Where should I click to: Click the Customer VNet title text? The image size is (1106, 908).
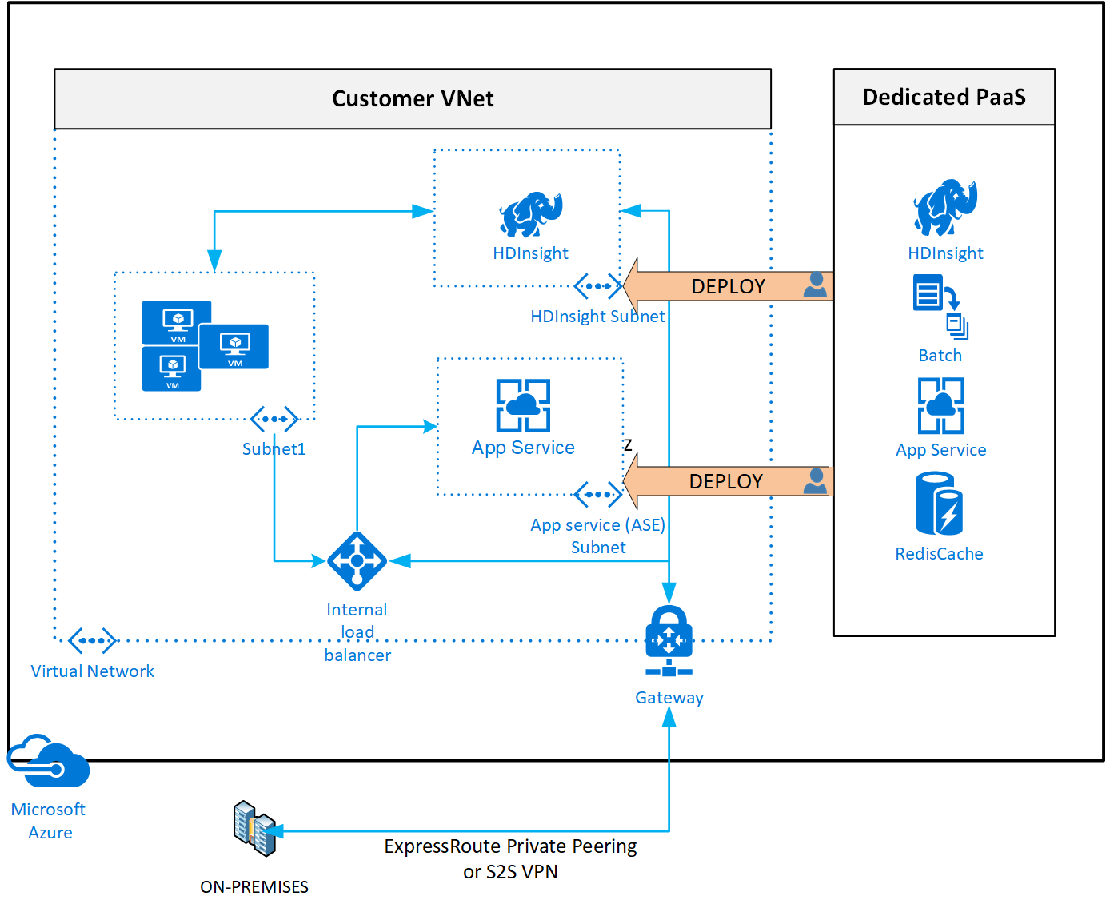[413, 98]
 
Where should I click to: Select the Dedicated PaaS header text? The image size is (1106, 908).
[944, 97]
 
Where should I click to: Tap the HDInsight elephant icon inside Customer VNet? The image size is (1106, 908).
[530, 214]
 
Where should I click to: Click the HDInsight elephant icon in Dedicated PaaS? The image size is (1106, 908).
[945, 207]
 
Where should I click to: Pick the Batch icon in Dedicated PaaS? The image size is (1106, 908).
[940, 307]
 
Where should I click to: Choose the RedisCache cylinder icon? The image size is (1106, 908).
[939, 504]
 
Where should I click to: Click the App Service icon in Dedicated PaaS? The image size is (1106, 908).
[940, 405]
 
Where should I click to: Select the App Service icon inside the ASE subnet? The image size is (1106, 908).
[523, 405]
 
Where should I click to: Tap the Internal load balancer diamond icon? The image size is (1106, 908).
[357, 561]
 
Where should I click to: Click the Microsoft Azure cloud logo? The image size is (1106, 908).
[50, 762]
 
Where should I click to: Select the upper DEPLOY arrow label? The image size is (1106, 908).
[728, 286]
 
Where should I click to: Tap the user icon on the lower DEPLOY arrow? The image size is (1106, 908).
[815, 480]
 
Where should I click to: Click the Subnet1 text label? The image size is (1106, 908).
[274, 449]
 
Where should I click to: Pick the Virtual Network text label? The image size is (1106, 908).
[92, 671]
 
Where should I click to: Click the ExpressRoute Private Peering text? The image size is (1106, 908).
[510, 846]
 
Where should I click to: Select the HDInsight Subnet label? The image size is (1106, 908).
[597, 317]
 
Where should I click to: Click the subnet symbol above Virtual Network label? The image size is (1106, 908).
[92, 640]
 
